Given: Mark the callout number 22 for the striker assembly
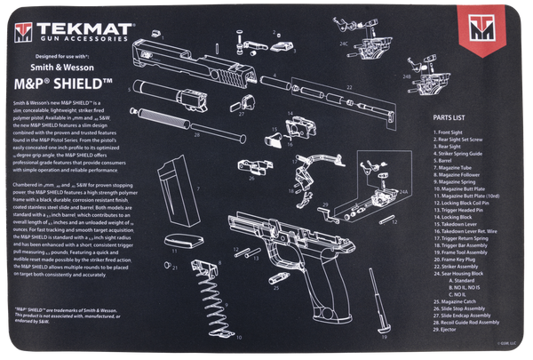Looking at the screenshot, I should [348, 87].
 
